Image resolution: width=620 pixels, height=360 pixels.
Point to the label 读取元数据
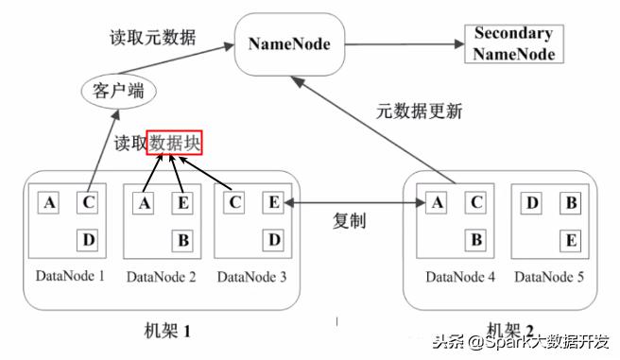(154, 38)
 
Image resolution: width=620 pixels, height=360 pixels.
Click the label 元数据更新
(420, 111)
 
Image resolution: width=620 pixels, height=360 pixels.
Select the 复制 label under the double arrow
(350, 221)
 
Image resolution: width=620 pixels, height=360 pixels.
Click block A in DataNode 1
(48, 201)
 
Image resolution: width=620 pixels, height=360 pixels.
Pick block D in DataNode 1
(88, 240)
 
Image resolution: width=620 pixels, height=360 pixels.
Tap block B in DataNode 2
(182, 240)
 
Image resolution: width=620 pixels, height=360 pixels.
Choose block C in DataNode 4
(476, 201)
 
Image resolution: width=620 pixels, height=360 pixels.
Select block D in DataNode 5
(531, 201)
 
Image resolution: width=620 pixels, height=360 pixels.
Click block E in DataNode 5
(570, 240)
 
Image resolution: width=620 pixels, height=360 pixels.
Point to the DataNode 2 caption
(161, 276)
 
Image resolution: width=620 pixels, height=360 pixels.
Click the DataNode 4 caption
(460, 276)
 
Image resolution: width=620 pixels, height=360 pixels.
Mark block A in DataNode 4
(437, 201)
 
